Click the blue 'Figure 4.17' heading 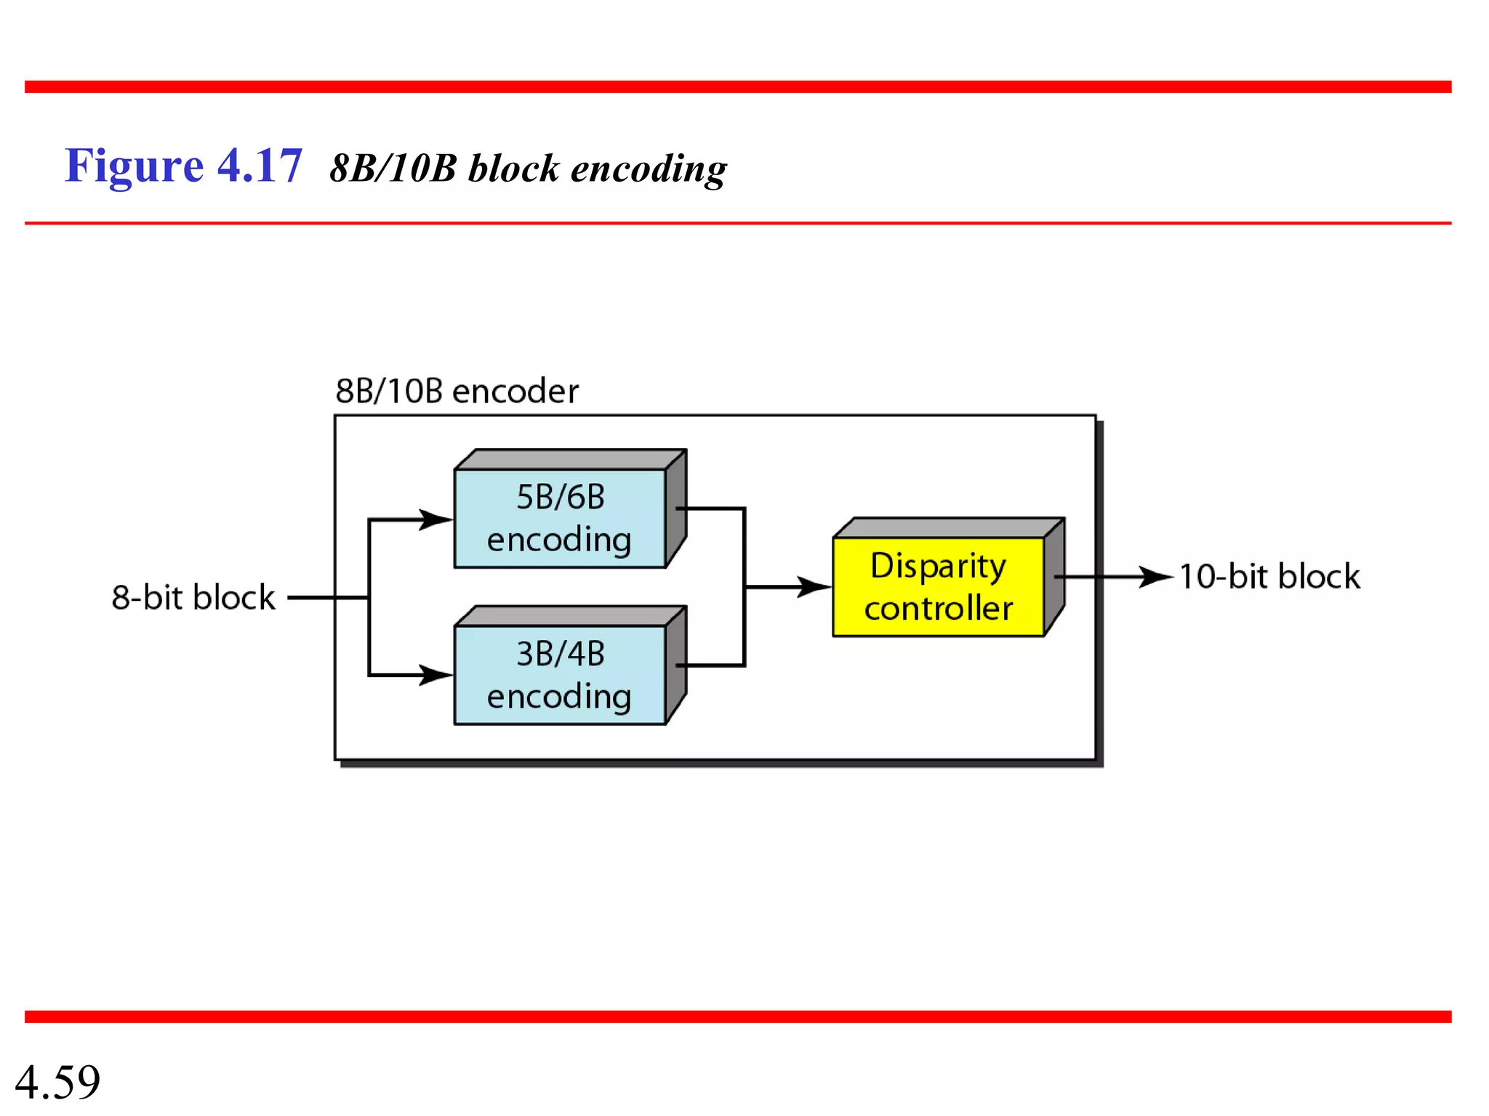[x=183, y=166]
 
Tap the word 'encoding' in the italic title [x=648, y=170]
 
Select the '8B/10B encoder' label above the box [x=457, y=391]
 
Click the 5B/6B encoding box [x=559, y=519]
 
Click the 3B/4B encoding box [x=559, y=675]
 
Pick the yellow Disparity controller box [x=938, y=587]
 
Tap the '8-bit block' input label [x=193, y=597]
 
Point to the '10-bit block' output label [x=1269, y=576]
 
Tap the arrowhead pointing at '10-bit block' [x=1157, y=577]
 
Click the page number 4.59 [x=57, y=1081]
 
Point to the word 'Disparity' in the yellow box [x=938, y=566]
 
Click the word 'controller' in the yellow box [x=938, y=608]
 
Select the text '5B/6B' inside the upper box [x=560, y=497]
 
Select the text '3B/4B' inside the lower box [x=560, y=654]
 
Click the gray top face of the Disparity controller [x=949, y=527]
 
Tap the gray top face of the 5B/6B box [x=571, y=459]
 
